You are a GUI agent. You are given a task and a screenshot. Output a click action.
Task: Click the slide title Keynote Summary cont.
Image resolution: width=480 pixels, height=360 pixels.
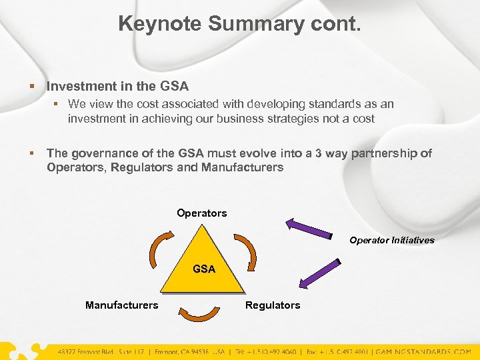(240, 23)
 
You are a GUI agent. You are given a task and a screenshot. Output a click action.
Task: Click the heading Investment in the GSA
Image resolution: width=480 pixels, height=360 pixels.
(117, 86)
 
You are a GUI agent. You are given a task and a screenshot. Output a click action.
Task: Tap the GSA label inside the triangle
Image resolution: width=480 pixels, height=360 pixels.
(203, 269)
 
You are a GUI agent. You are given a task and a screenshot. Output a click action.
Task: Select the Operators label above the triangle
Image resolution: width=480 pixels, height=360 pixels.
(201, 213)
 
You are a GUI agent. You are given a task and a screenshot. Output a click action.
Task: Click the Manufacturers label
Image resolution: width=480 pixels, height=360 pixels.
(121, 305)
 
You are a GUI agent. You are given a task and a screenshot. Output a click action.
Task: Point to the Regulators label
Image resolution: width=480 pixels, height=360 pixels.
(273, 305)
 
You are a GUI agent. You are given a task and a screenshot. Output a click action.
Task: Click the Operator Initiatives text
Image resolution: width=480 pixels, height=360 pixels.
(391, 240)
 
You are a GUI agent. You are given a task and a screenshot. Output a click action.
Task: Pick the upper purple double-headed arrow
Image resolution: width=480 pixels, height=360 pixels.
(308, 227)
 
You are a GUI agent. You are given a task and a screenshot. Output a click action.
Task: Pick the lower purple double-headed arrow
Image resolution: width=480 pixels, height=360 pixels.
(319, 274)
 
